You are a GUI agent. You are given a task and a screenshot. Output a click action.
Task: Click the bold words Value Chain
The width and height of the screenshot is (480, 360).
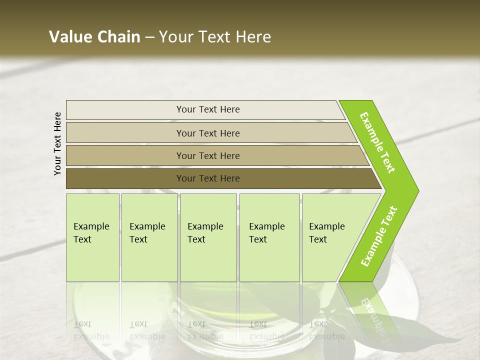tap(94, 37)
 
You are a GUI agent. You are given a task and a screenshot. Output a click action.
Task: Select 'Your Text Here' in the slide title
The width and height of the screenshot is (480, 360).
tap(215, 37)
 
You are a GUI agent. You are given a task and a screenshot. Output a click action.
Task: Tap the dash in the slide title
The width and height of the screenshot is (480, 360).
tap(149, 37)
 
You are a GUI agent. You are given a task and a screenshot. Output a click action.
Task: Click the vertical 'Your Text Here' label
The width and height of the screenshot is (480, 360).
tap(57, 144)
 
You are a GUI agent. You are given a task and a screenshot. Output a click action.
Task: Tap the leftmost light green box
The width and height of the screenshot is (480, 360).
tap(92, 237)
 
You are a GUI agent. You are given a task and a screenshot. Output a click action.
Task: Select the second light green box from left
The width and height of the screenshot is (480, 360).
tap(149, 237)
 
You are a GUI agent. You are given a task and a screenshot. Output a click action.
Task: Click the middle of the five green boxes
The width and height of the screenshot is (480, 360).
tap(208, 237)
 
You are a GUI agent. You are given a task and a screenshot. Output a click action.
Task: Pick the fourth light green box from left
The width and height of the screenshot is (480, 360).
tap(269, 237)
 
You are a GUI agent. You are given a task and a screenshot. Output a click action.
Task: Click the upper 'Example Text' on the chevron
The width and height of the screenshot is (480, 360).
tap(377, 142)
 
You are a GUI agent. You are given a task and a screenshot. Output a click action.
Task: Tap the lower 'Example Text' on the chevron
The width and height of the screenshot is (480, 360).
tap(379, 236)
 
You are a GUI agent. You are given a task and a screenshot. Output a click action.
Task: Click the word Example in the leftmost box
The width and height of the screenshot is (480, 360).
tap(91, 226)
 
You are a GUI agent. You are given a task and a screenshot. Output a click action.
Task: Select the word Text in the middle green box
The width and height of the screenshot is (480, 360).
tap(196, 239)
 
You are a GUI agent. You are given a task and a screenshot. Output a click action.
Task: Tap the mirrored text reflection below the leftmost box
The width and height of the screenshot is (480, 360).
tap(91, 330)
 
